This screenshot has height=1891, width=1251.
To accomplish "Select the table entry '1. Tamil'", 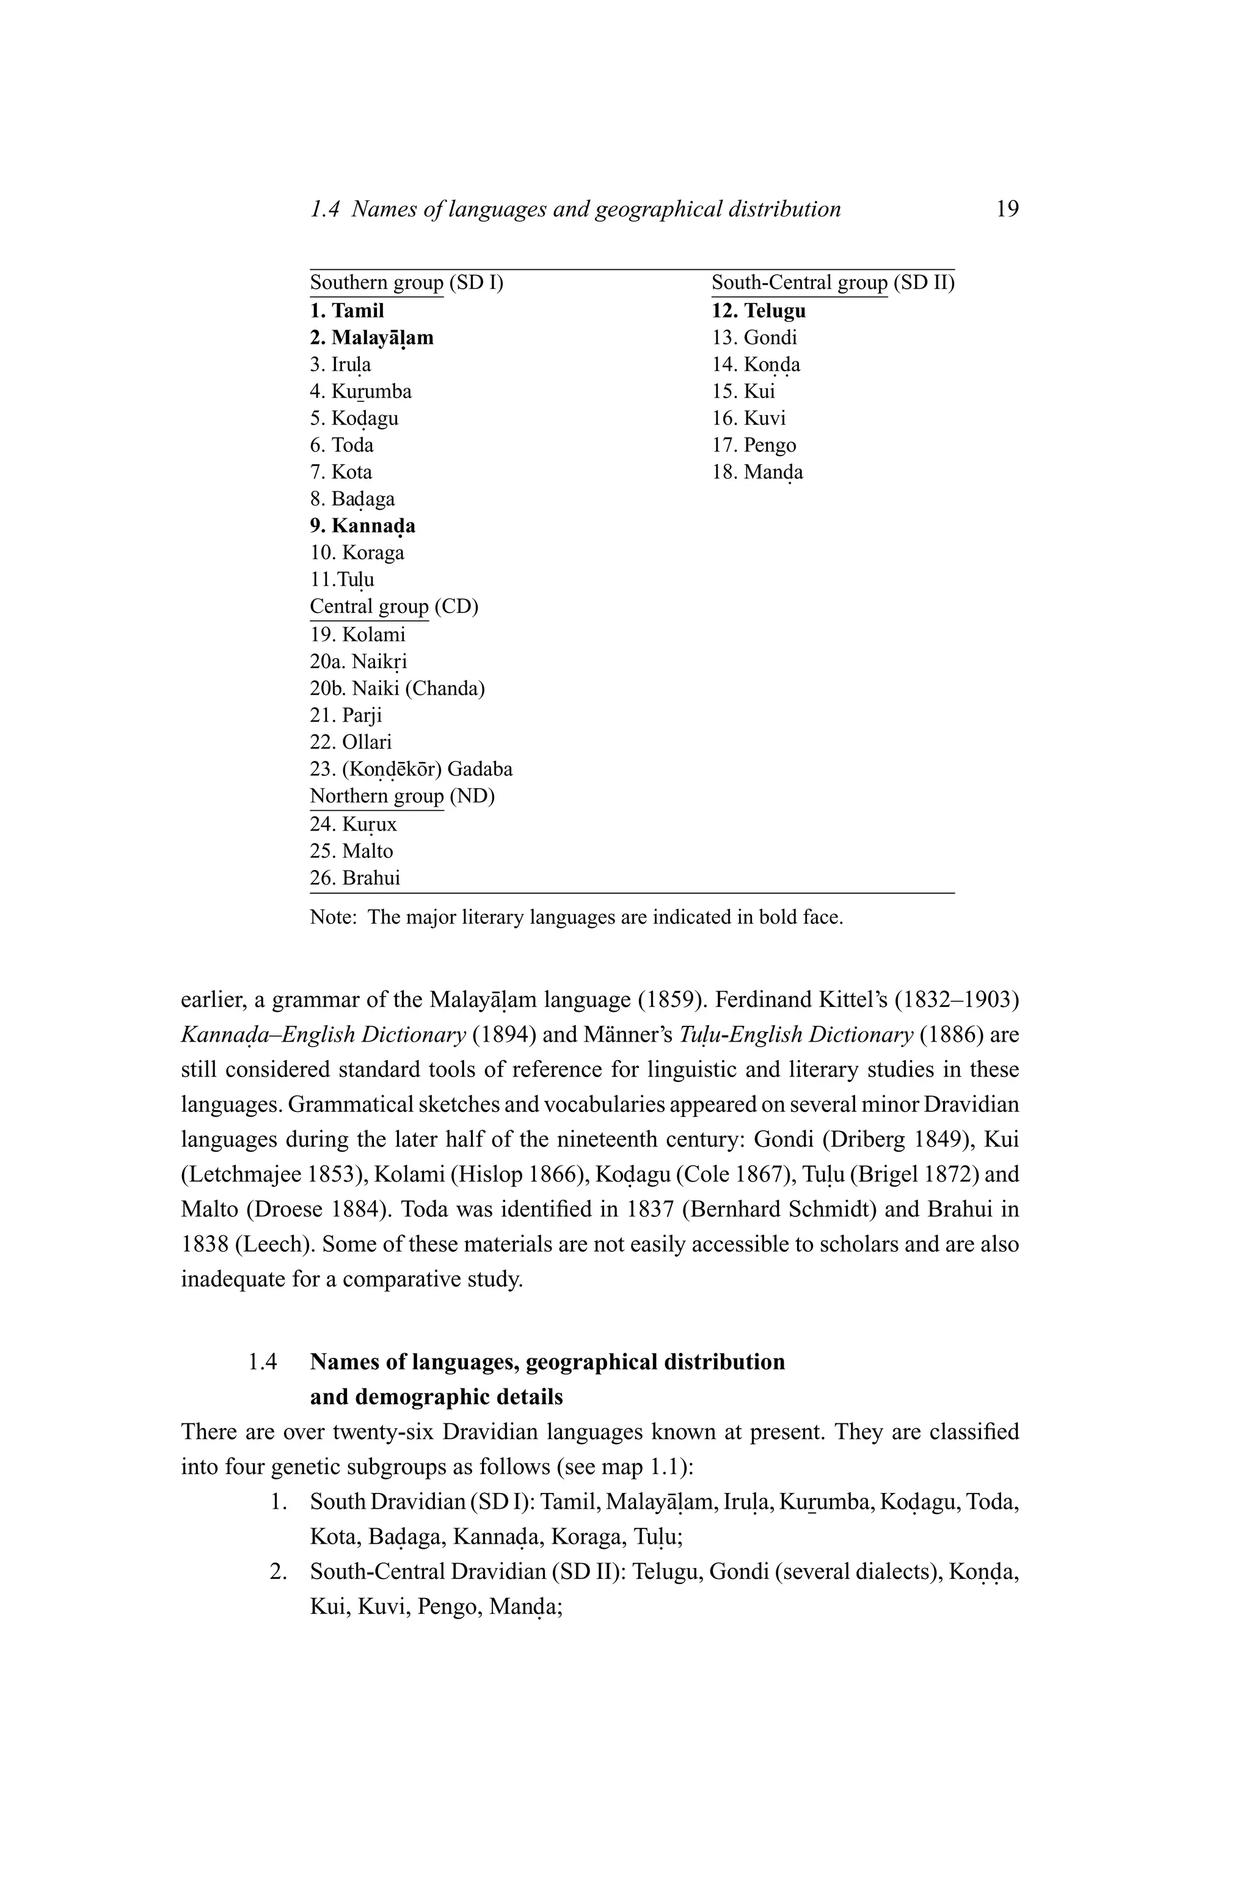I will [x=347, y=310].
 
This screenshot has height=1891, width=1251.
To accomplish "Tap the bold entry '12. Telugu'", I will [x=759, y=310].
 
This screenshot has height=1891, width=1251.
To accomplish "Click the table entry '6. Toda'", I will [x=341, y=445].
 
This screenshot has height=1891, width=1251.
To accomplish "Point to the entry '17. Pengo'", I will [x=754, y=445].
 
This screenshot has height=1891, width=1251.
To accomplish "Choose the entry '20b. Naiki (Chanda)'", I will [x=397, y=688].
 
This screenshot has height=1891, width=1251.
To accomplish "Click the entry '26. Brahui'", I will [x=355, y=878].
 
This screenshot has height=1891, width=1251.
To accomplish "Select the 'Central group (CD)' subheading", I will [x=393, y=607].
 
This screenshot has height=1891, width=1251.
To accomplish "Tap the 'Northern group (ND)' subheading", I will [x=402, y=796].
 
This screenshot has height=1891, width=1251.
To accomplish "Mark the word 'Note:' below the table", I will [x=333, y=917].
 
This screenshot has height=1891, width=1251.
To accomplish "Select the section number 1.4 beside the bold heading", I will [x=263, y=1362].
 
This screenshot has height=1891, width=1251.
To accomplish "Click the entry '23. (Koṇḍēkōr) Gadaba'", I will [x=411, y=769].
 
